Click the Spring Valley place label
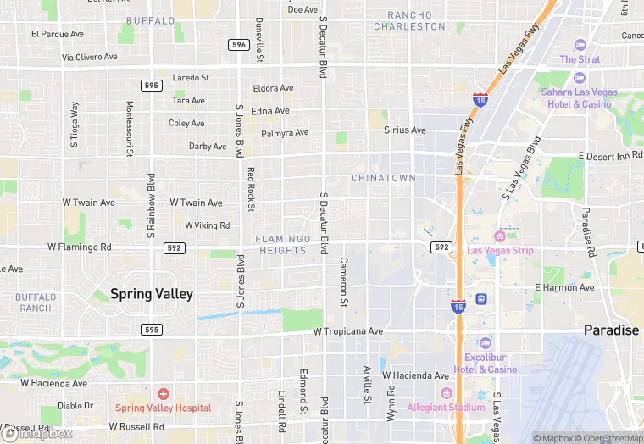pyautogui.click(x=152, y=294)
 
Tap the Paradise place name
pyautogui.click(x=611, y=330)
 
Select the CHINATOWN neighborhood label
pyautogui.click(x=383, y=178)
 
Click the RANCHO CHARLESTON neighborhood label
pyautogui.click(x=415, y=20)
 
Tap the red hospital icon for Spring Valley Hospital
pyautogui.click(x=163, y=394)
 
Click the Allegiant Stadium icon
pyautogui.click(x=446, y=394)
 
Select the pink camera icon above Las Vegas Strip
pyautogui.click(x=500, y=236)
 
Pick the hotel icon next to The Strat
pyautogui.click(x=580, y=45)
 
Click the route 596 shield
pyautogui.click(x=238, y=44)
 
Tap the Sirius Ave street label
pyautogui.click(x=404, y=130)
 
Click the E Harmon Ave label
pyautogui.click(x=565, y=288)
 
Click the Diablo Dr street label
pyautogui.click(x=75, y=406)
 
